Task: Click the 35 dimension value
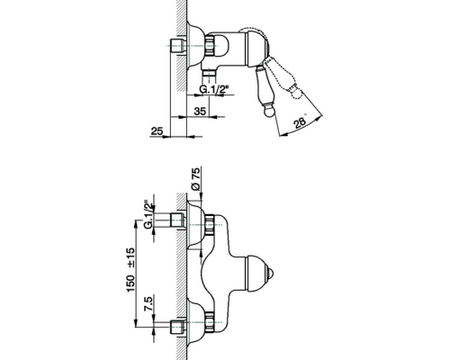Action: tap(200, 111)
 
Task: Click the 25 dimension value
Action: tap(157, 131)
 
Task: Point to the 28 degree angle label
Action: tap(300, 122)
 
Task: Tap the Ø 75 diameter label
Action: tap(195, 178)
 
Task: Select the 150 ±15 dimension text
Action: tap(131, 270)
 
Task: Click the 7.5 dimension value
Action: tap(148, 303)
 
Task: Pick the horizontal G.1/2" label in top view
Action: tap(214, 89)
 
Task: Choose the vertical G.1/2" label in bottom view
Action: tap(148, 214)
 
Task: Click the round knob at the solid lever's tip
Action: tap(267, 112)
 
